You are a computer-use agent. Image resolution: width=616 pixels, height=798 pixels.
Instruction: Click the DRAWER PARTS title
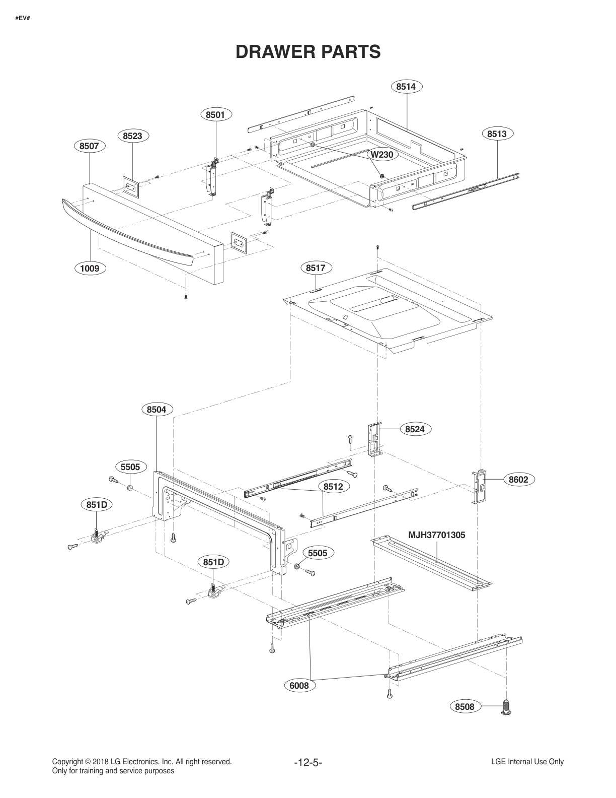point(308,51)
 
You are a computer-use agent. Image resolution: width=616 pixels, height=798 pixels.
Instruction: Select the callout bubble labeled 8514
point(406,87)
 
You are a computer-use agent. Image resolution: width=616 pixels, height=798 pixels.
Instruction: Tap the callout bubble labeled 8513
point(497,134)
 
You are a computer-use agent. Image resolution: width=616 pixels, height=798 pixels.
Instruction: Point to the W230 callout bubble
point(381,155)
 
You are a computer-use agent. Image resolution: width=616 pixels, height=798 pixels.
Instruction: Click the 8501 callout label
point(215,115)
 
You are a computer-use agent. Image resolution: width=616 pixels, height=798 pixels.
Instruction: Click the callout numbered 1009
point(90,268)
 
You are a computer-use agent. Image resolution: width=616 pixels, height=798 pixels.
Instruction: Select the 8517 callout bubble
point(316,268)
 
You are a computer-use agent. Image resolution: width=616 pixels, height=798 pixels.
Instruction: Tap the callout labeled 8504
point(157,410)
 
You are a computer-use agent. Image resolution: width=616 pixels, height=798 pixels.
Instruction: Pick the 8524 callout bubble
point(415,429)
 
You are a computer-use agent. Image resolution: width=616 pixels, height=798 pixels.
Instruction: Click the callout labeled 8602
point(518,480)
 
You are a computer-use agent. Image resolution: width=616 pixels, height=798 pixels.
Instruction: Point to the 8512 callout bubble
point(333,487)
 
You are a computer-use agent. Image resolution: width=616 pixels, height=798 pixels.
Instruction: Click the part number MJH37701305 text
point(436,536)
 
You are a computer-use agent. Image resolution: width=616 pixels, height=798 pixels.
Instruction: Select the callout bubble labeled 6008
point(299,685)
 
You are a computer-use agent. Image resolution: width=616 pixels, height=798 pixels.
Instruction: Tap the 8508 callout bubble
point(465,707)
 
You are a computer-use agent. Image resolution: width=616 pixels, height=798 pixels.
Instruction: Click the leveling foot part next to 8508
point(506,707)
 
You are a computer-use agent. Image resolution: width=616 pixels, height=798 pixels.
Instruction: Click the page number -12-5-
point(307,762)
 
